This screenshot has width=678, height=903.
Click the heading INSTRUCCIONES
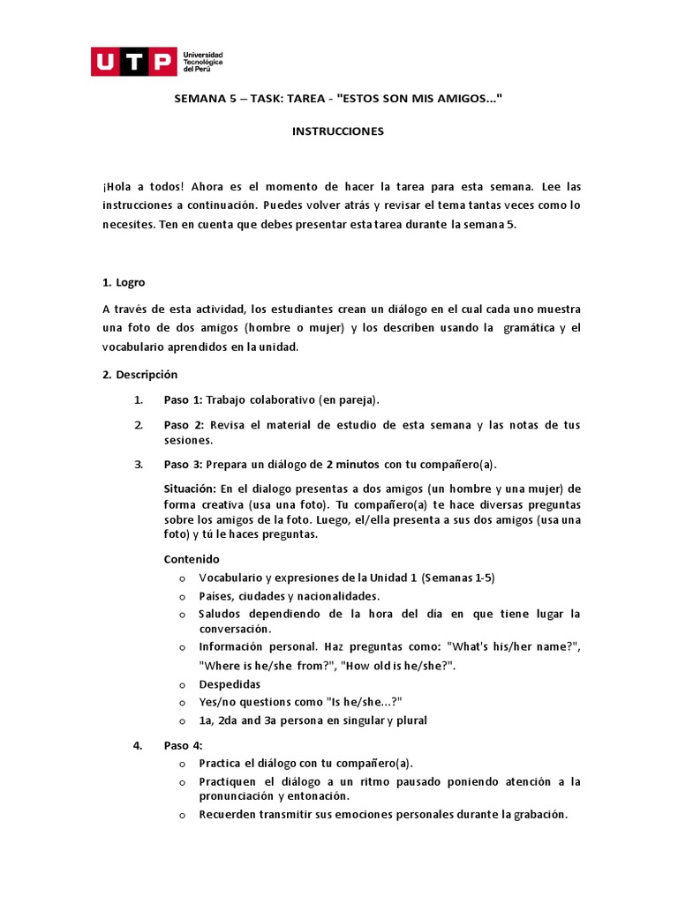(x=338, y=131)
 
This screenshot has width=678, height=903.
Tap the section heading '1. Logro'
(x=124, y=282)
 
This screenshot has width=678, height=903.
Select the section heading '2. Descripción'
(x=139, y=374)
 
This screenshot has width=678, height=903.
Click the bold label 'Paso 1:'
(x=183, y=399)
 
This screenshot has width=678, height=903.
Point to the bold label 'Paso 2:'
(x=183, y=425)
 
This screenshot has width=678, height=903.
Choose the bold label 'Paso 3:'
(x=183, y=465)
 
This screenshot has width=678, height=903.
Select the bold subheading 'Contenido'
(x=192, y=559)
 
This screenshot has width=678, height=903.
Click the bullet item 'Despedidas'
(x=230, y=684)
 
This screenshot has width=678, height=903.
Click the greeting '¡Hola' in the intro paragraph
(x=117, y=187)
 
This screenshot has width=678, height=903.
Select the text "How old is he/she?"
(x=399, y=666)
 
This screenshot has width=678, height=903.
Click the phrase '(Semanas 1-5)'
(x=458, y=578)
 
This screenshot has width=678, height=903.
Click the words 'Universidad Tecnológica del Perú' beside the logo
(x=202, y=61)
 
